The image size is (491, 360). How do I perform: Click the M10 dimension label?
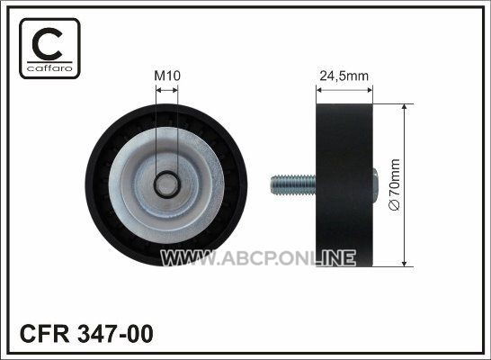(x=167, y=76)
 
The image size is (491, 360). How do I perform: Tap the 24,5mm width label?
(x=344, y=76)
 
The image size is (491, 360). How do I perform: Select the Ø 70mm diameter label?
(x=394, y=184)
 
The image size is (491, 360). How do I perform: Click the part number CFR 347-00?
(x=86, y=334)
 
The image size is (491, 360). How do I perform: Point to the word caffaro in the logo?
(x=49, y=68)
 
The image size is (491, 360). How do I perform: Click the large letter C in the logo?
(x=48, y=44)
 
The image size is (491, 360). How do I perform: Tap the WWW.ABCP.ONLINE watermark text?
(x=258, y=258)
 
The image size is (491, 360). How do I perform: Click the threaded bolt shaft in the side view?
(x=293, y=184)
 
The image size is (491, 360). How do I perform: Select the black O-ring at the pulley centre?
(x=167, y=172)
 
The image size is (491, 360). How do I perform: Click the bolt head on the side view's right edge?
(x=375, y=184)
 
